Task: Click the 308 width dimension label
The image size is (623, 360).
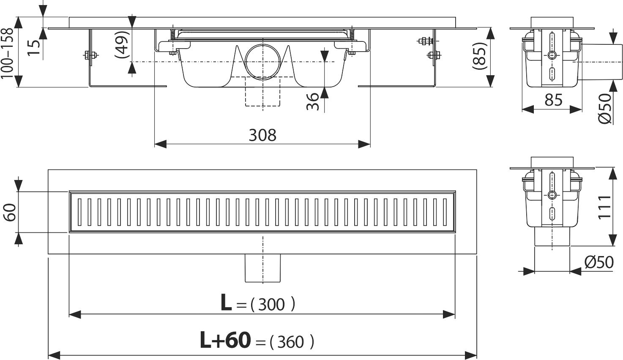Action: coord(262,135)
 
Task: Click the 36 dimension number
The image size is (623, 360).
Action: coord(312,101)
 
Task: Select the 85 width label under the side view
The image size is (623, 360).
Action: coord(553,100)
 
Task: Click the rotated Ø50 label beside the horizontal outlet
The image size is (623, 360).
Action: coord(605,108)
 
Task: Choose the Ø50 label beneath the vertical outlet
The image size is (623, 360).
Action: coord(599,262)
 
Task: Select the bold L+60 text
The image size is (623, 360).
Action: coord(225,341)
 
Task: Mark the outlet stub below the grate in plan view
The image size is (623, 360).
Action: coord(262,268)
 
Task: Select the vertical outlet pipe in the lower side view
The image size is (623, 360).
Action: coord(552,237)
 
